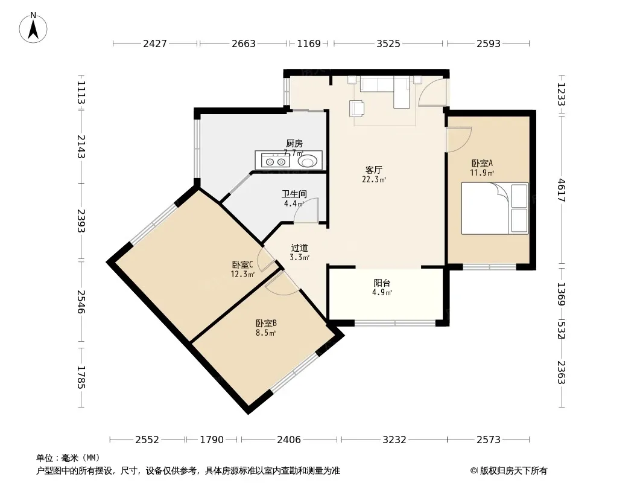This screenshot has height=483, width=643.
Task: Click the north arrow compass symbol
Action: tap(33, 28)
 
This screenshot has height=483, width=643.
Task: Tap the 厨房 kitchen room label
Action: tap(294, 143)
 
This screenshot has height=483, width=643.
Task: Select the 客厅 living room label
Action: tap(373, 170)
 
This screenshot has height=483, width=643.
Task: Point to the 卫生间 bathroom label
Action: tap(294, 194)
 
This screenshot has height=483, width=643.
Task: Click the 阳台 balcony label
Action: tap(382, 283)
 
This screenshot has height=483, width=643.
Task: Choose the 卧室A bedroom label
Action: tap(482, 164)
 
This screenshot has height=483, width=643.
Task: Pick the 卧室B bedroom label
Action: tap(266, 323)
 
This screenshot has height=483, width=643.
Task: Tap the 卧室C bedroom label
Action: tap(242, 264)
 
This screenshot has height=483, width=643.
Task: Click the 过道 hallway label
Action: tap(299, 248)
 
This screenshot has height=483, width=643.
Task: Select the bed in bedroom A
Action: tap(495, 208)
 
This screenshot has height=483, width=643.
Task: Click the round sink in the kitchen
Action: tap(308, 161)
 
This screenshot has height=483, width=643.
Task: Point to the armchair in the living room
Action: tap(356, 108)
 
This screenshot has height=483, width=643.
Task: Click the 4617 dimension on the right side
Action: tap(562, 190)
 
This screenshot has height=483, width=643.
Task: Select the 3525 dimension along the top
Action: tap(388, 43)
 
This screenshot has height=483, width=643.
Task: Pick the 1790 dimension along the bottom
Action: tap(212, 440)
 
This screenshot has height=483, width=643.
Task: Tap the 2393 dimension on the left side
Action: tap(81, 221)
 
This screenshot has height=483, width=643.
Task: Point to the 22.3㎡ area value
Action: tap(374, 179)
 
